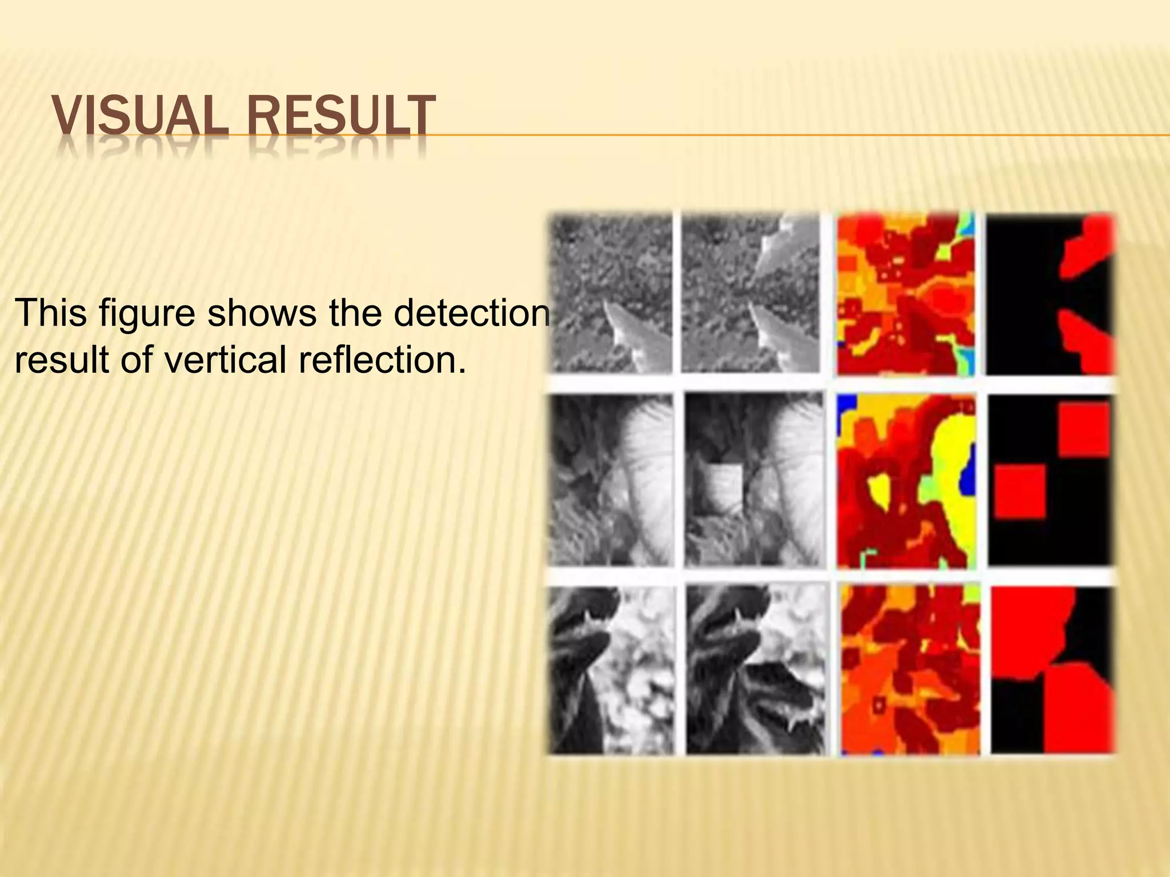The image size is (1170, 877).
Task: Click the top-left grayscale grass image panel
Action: pos(611,293)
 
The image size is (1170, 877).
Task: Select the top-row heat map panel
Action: pos(906,293)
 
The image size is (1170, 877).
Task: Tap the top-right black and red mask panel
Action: pos(1050,293)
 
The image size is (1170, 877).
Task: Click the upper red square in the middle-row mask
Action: pos(1083,428)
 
